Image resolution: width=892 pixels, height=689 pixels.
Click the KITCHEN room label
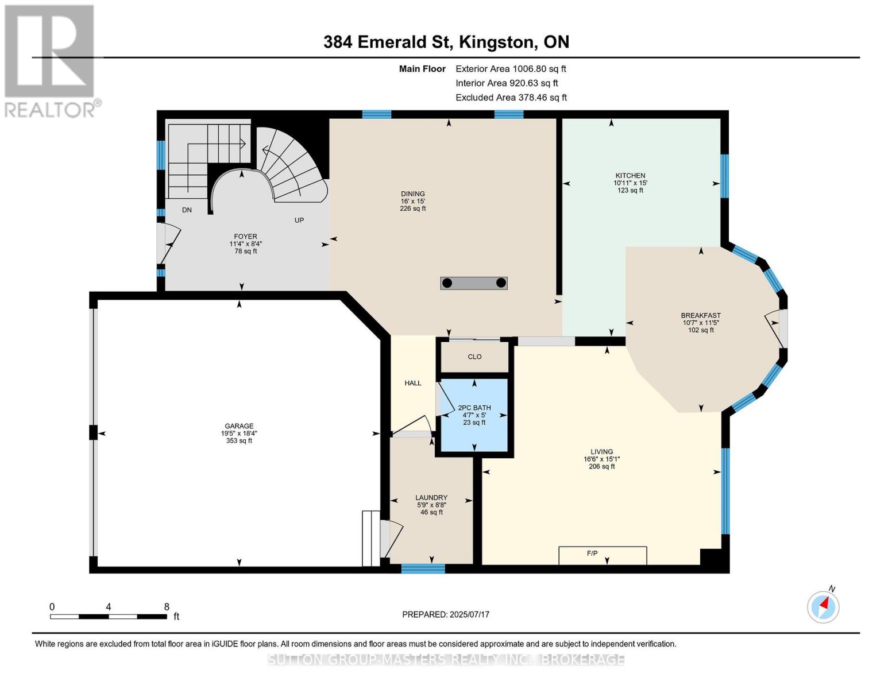[x=630, y=175]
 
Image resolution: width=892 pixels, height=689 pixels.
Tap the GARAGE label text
[x=239, y=426]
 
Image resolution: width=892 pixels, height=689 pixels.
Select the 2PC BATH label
[x=474, y=408]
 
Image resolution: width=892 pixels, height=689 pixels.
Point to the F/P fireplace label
[x=592, y=553]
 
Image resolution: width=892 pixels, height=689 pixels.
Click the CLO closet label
[x=474, y=357]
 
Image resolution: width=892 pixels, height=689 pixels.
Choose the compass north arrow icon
[x=823, y=607]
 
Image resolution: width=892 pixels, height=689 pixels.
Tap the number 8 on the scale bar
[x=166, y=606]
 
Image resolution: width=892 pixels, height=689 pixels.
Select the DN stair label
[x=187, y=210]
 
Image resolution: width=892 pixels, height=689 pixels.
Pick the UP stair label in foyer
[x=299, y=220]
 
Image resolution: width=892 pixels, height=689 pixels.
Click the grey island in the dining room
[x=474, y=283]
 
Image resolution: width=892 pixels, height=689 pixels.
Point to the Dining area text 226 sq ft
[x=412, y=208]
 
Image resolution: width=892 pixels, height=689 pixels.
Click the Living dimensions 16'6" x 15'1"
[x=601, y=459]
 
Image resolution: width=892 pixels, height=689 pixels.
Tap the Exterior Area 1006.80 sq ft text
[x=511, y=69]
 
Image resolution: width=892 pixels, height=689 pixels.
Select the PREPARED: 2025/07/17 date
[x=445, y=614]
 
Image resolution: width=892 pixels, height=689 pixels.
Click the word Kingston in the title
[x=497, y=42]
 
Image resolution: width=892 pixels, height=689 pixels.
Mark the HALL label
[x=412, y=383]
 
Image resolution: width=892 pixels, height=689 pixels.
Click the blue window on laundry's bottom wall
[x=423, y=568]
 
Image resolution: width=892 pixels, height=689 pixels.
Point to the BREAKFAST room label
[x=701, y=315]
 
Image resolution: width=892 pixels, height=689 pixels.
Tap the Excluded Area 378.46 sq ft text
[x=511, y=98]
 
